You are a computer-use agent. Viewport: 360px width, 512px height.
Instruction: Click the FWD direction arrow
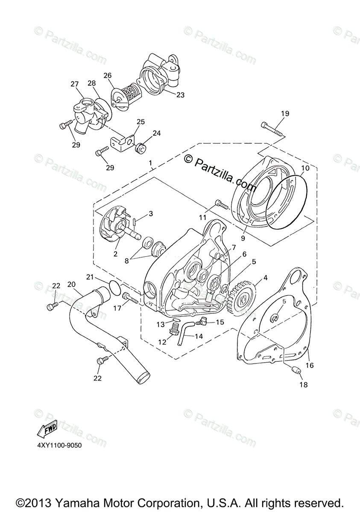pyautogui.click(x=47, y=430)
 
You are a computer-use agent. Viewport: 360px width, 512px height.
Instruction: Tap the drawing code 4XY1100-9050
pyautogui.click(x=59, y=445)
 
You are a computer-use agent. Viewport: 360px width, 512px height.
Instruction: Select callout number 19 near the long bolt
pyautogui.click(x=285, y=113)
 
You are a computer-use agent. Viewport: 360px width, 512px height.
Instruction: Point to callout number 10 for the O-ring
pyautogui.click(x=304, y=168)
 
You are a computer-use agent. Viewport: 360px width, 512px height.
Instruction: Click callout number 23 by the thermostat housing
pyautogui.click(x=180, y=95)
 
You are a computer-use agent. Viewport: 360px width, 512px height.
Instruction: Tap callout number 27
pyautogui.click(x=75, y=84)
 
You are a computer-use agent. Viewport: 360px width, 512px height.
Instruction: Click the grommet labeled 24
pyautogui.click(x=140, y=149)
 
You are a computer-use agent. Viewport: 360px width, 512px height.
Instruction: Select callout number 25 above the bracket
pyautogui.click(x=140, y=122)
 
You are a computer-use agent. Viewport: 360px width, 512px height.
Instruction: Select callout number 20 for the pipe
pyautogui.click(x=71, y=284)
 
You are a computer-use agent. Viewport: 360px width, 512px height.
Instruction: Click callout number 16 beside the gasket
pyautogui.click(x=310, y=365)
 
